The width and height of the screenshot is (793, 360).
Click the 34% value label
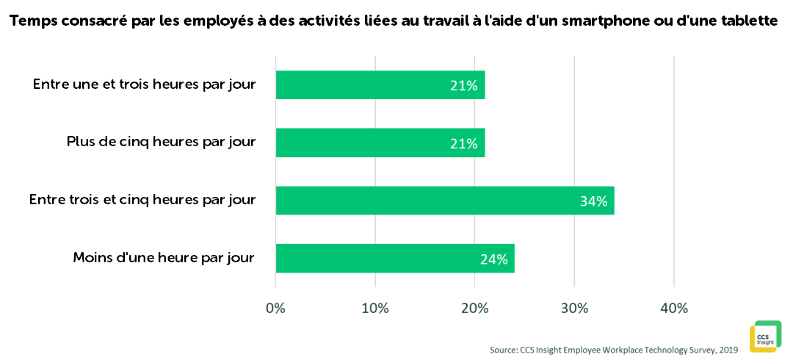593,201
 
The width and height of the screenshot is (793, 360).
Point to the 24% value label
493,259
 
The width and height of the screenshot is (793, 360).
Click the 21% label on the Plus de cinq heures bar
463,143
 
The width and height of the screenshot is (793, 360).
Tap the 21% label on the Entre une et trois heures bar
463,85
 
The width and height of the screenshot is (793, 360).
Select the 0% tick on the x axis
275,309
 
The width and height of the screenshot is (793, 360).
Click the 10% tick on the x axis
375,309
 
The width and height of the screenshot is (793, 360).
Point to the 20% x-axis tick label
474,309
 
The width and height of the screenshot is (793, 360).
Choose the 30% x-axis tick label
574,309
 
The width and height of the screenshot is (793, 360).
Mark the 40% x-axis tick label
674,309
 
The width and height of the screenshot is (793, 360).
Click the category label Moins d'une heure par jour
164,258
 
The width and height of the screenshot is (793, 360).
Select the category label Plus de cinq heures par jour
161,142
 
